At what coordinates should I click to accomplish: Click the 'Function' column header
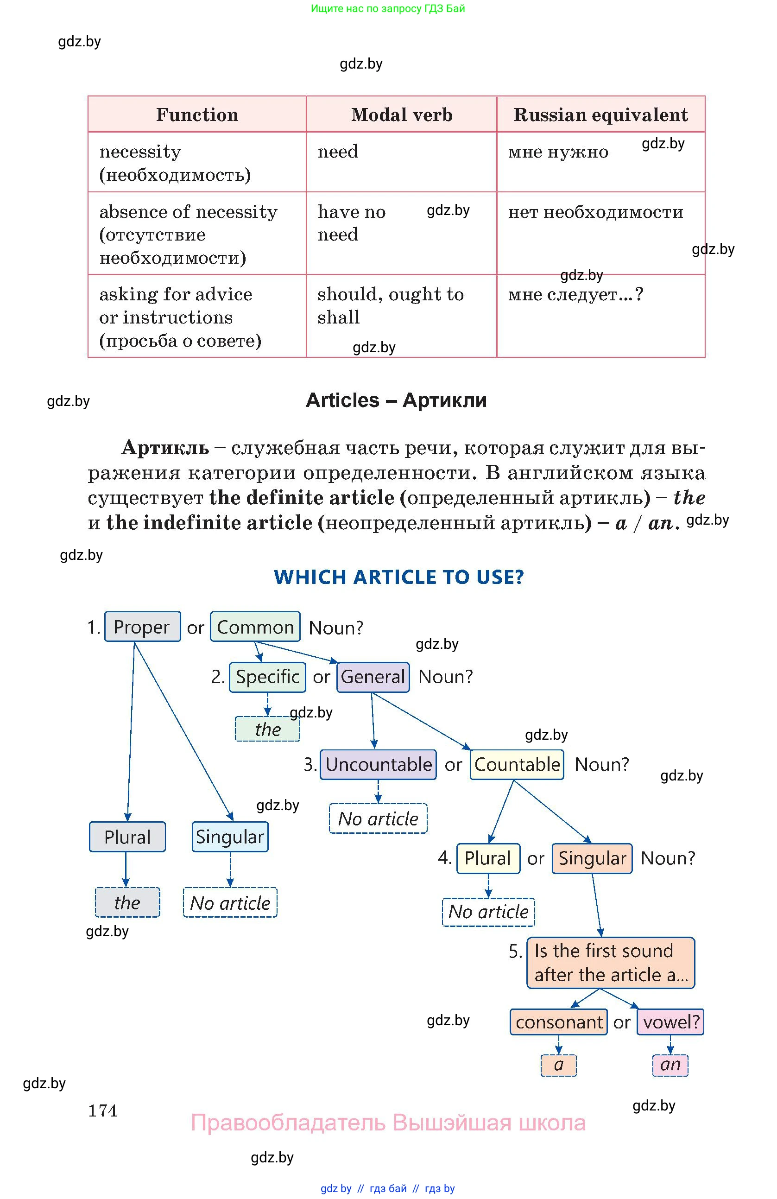[x=197, y=115]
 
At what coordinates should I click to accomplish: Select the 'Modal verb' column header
[x=401, y=115]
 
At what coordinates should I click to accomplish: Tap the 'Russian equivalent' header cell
[x=600, y=115]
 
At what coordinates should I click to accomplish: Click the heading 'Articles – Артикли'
[x=396, y=400]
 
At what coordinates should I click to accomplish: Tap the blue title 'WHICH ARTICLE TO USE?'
[x=398, y=577]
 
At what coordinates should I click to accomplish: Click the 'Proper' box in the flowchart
[x=142, y=627]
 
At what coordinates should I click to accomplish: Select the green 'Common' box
[x=255, y=627]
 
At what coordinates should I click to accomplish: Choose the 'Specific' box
[x=267, y=677]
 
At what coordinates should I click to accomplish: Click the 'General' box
[x=373, y=677]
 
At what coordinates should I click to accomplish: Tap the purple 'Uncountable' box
[x=378, y=764]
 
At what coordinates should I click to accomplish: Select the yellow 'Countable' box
[x=517, y=764]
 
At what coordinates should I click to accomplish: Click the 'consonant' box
[x=558, y=1022]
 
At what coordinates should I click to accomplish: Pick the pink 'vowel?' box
[x=670, y=1022]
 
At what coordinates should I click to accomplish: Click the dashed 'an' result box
[x=670, y=1065]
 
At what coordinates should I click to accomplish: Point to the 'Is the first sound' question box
[x=610, y=963]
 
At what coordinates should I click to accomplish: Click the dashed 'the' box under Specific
[x=267, y=729]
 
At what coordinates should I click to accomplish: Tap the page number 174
[x=103, y=1110]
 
